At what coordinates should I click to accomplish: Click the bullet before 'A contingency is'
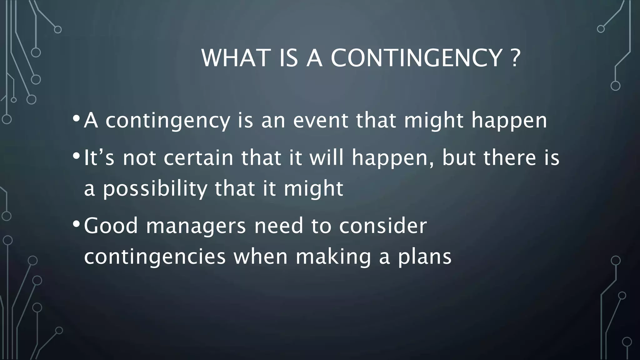[x=76, y=119]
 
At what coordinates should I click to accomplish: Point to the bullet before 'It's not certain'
[x=76, y=156]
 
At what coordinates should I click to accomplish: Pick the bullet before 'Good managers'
[x=76, y=224]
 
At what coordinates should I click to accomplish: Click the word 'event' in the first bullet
[x=321, y=120]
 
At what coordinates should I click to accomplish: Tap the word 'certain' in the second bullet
[x=198, y=157]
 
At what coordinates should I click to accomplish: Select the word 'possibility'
[x=155, y=189]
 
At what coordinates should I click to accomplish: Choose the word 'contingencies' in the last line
[x=155, y=257]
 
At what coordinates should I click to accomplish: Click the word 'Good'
[x=111, y=226]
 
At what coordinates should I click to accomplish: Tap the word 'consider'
[x=383, y=226]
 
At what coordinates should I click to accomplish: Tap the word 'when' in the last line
[x=260, y=257]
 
